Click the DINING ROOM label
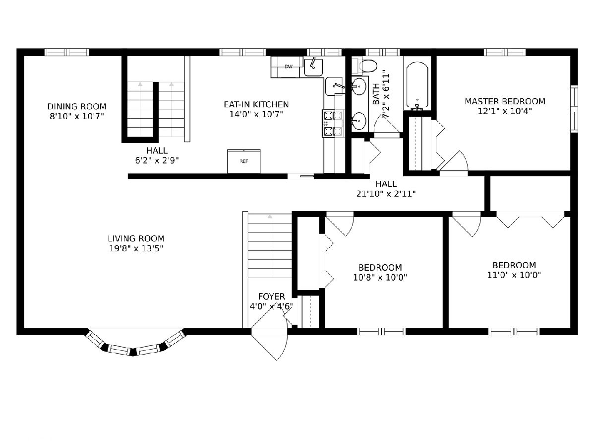77,106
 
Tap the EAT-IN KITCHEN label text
256,104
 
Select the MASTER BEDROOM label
505,101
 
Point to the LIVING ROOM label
136,238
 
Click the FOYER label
271,297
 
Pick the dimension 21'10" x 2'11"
386,194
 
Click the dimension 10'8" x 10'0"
380,277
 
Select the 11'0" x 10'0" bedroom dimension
514,275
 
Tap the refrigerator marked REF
244,161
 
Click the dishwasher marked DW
287,67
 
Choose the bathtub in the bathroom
417,85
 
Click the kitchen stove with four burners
333,124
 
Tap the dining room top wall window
66,52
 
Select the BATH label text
376,94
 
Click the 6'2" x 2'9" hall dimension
157,160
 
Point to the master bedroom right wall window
574,109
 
